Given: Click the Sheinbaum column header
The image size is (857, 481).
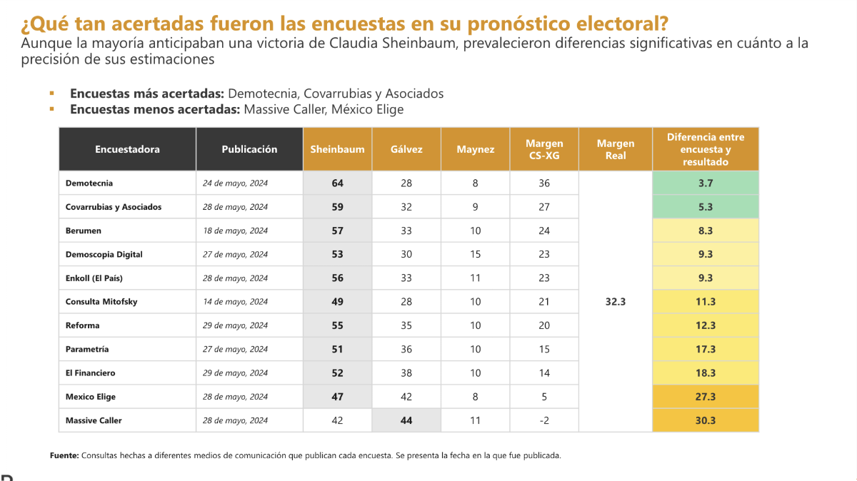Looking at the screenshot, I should pos(337,149).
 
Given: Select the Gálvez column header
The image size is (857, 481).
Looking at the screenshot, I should pos(406,149).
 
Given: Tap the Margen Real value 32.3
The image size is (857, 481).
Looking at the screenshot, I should pos(615,302).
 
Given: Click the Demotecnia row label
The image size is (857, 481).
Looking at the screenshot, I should pos(89,183).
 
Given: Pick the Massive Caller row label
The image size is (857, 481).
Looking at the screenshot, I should pos(94,420).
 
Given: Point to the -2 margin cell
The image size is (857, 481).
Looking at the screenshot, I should pos(544,420).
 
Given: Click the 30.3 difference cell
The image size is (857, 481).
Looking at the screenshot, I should pos(705,420).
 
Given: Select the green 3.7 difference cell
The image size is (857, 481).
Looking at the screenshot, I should pos(705,183).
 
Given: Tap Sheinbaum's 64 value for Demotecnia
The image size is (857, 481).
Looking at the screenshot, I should pos(337,183).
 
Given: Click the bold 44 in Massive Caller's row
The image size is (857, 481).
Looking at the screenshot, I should pos(406,420).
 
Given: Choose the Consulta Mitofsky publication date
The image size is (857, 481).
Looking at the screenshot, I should pos(235,302).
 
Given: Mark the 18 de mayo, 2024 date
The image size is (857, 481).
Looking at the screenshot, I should pos(235,231).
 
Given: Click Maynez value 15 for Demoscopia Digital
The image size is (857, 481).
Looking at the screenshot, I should pos(475,254).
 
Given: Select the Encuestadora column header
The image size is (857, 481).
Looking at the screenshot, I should pos(127,149).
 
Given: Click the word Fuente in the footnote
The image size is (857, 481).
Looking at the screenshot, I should pos(64,455).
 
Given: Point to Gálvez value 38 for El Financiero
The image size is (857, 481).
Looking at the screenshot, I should pos(406,373).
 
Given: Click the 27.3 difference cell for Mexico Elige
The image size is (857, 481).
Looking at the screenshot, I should pos(705,397).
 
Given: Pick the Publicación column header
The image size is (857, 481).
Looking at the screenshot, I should pos(249,149).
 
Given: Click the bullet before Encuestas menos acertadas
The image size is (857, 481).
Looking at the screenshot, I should pos(51,109).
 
